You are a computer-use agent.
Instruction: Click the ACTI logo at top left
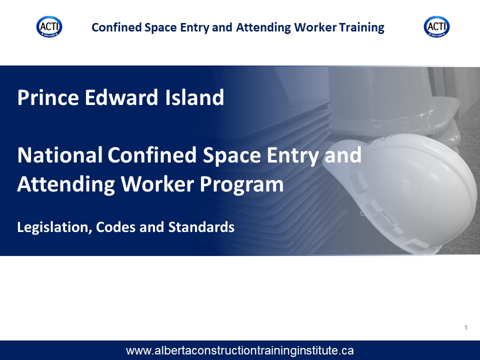point(49,27)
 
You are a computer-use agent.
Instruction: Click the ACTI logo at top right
point(436,27)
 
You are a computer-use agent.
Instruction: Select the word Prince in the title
point(48,97)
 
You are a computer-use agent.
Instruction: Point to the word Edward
point(121,97)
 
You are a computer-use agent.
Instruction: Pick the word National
point(59,155)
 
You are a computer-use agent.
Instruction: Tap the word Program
point(242,185)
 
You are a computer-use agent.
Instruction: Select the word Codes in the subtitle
point(115,227)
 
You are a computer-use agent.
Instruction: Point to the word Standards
point(201,227)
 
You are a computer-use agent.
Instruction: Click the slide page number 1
point(466,328)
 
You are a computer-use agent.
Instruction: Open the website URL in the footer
point(239,350)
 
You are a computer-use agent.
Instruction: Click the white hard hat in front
point(398,190)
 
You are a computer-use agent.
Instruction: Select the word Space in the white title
point(231,155)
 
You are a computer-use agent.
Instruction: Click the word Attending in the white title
point(66,185)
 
